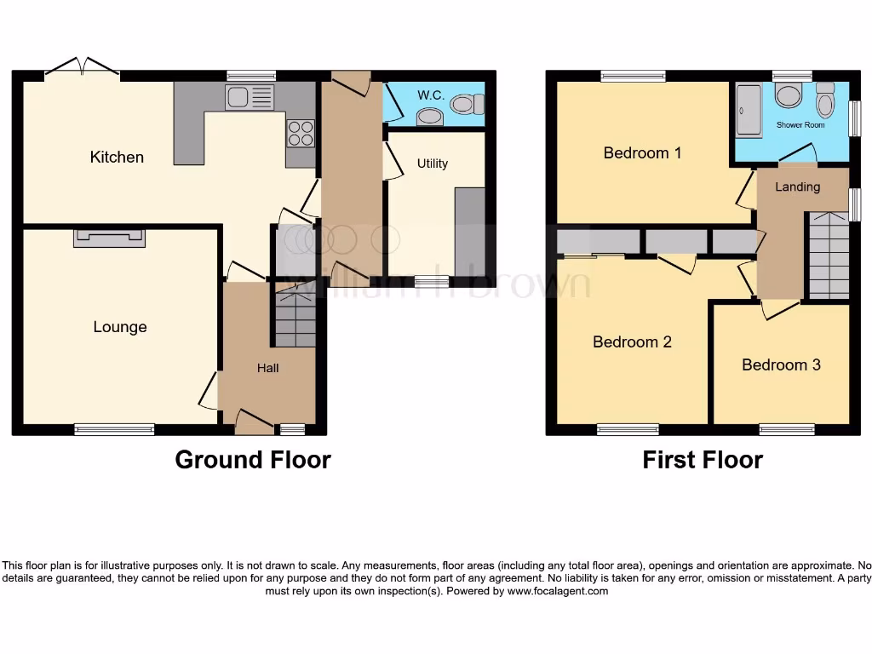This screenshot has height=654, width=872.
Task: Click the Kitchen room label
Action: tap(117, 157)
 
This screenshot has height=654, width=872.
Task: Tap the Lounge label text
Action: tap(120, 327)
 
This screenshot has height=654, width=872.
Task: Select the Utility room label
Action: tap(432, 163)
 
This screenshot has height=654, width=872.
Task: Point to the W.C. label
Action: tap(427, 94)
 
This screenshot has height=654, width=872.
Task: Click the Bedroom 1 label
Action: tap(642, 153)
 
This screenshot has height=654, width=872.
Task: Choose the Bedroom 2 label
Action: tap(632, 341)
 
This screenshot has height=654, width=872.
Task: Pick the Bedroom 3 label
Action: tap(781, 364)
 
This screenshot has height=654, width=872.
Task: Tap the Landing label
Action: tap(798, 186)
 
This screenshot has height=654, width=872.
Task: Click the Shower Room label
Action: tap(800, 125)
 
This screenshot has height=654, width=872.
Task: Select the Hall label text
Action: tap(268, 368)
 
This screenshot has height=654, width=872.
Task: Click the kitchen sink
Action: tap(250, 98)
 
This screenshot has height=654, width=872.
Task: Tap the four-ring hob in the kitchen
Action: tap(301, 133)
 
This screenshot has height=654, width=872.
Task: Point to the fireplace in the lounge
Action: tap(109, 238)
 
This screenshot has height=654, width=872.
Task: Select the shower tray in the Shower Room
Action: tap(749, 110)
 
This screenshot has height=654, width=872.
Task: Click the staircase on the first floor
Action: tap(828, 255)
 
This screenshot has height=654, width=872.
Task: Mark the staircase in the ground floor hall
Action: tap(294, 317)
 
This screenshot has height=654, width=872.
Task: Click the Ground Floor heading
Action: tap(253, 460)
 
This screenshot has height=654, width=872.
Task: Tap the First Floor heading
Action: tap(703, 461)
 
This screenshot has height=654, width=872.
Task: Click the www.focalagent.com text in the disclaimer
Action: tap(558, 591)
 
